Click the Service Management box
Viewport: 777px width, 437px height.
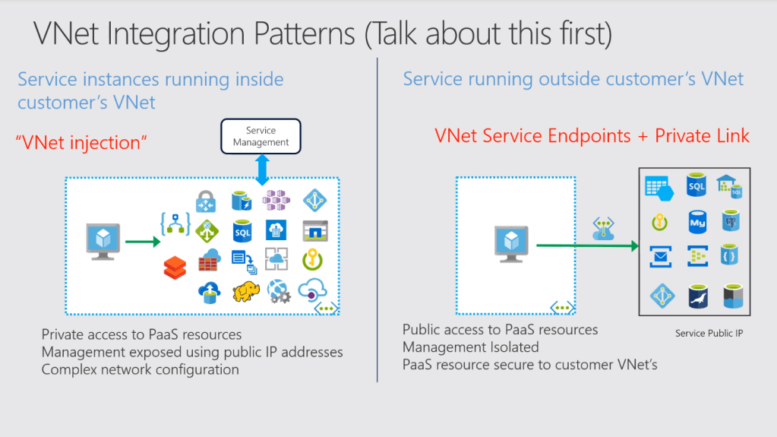tap(261, 137)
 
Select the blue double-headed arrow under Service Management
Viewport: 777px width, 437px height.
tap(262, 169)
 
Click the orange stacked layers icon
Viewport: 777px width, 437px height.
tap(175, 267)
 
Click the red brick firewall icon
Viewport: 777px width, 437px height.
tap(207, 260)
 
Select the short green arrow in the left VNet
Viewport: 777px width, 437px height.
tap(142, 242)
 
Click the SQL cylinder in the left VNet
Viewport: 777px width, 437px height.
tap(242, 230)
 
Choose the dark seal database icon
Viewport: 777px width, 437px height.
tap(697, 296)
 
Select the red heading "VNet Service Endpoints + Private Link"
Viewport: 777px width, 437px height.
tap(592, 136)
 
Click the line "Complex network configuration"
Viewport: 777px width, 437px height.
tap(140, 370)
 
